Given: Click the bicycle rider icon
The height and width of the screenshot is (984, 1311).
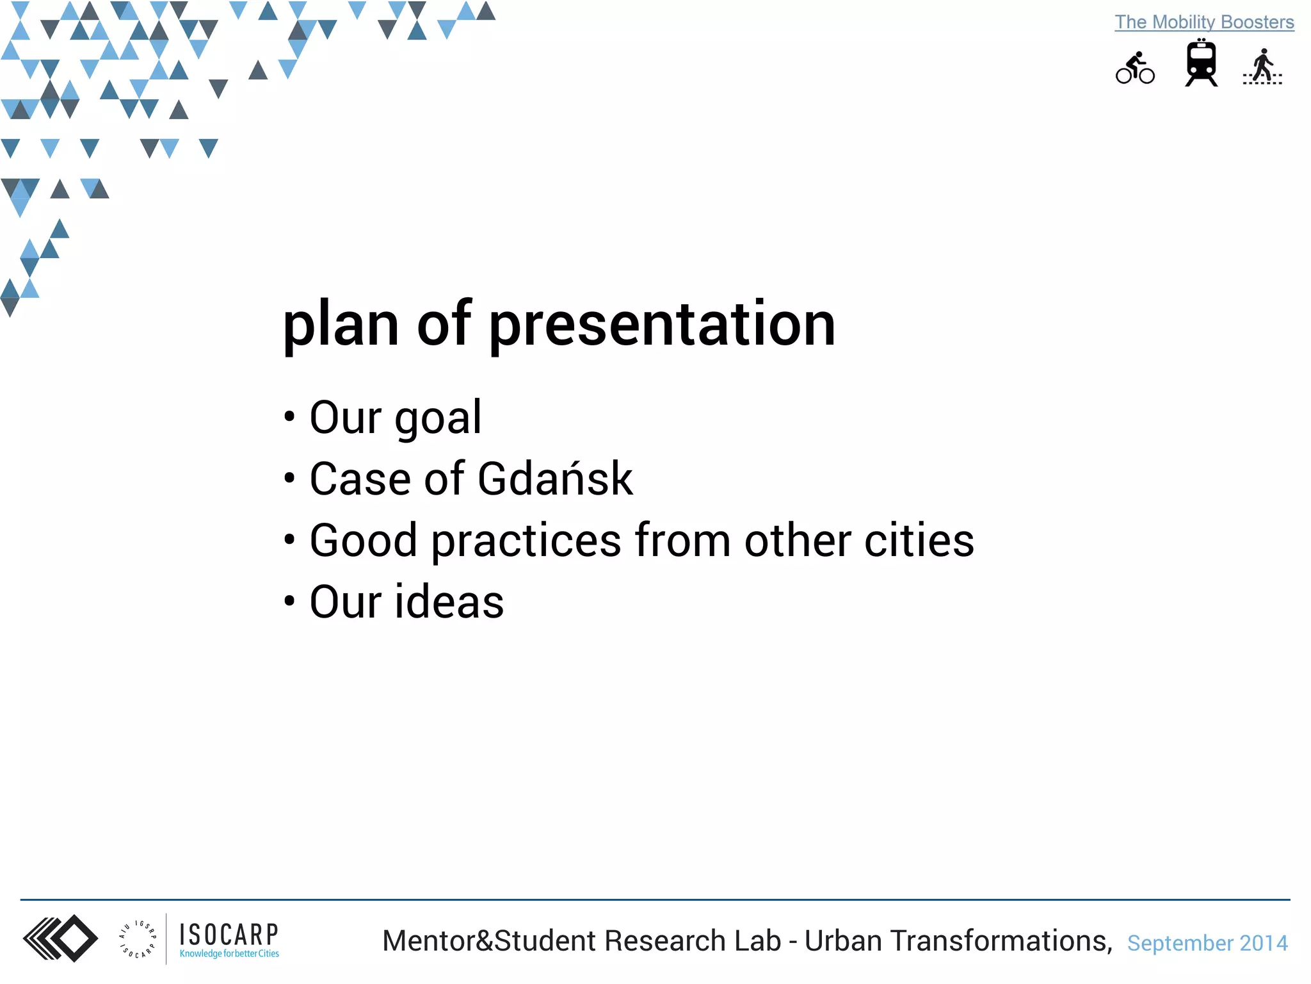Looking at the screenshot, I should click(x=1135, y=68).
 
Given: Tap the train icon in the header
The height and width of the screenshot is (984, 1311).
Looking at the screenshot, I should click(x=1201, y=63).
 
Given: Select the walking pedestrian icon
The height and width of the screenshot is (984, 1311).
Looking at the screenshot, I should click(x=1262, y=67).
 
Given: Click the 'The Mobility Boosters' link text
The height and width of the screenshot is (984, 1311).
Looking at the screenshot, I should click(x=1204, y=22).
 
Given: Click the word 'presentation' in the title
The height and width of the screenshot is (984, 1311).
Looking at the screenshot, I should click(x=662, y=324).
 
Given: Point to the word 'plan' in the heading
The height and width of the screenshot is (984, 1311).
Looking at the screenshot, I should click(x=341, y=324).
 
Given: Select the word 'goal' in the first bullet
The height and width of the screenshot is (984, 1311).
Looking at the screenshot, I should click(x=438, y=418).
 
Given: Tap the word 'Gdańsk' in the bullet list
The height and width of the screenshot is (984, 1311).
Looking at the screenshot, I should click(x=555, y=479).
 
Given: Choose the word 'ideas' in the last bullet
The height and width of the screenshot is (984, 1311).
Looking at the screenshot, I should click(x=449, y=602).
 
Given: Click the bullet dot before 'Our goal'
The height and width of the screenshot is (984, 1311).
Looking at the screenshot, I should click(x=290, y=417).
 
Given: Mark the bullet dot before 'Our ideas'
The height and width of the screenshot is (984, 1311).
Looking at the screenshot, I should click(x=290, y=602).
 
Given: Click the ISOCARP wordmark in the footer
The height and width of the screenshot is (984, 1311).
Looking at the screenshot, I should click(x=229, y=935).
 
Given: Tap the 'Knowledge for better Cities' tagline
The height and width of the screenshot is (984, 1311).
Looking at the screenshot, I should click(x=229, y=954).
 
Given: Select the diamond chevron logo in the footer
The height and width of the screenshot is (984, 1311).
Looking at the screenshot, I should click(x=61, y=939).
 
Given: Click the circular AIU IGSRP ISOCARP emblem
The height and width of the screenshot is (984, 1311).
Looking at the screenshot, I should click(x=138, y=939).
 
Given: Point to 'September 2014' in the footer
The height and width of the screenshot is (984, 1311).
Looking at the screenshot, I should click(x=1207, y=943).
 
